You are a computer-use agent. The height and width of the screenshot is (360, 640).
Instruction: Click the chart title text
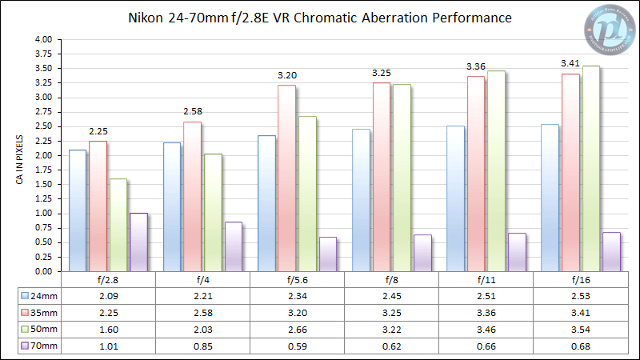coord(320,17)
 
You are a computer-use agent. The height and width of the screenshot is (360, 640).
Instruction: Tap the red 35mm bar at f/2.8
coord(98,206)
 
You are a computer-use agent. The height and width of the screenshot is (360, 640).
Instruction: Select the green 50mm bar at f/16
coord(591,168)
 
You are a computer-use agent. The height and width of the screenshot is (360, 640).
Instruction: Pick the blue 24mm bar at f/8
coord(361,200)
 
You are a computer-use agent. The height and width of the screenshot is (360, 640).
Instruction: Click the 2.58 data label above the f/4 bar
coord(194,111)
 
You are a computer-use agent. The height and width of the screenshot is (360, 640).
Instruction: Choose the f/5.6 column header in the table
coord(297,281)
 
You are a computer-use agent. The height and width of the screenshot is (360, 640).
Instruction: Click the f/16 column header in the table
coord(580,281)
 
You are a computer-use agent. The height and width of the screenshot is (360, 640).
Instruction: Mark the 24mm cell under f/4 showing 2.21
coord(202,295)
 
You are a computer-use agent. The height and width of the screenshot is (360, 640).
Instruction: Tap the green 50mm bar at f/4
coord(213,212)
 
